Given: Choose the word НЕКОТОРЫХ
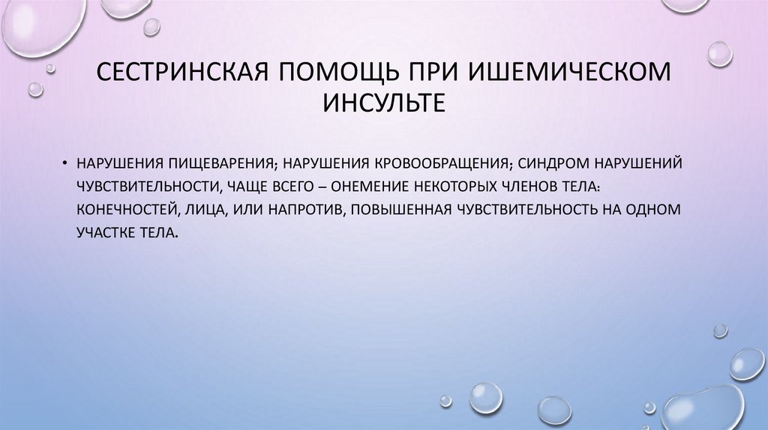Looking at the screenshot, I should coord(460,186).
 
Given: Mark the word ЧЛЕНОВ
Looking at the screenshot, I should coord(550,186).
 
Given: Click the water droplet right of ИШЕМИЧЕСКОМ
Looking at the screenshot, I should coord(719,54).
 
